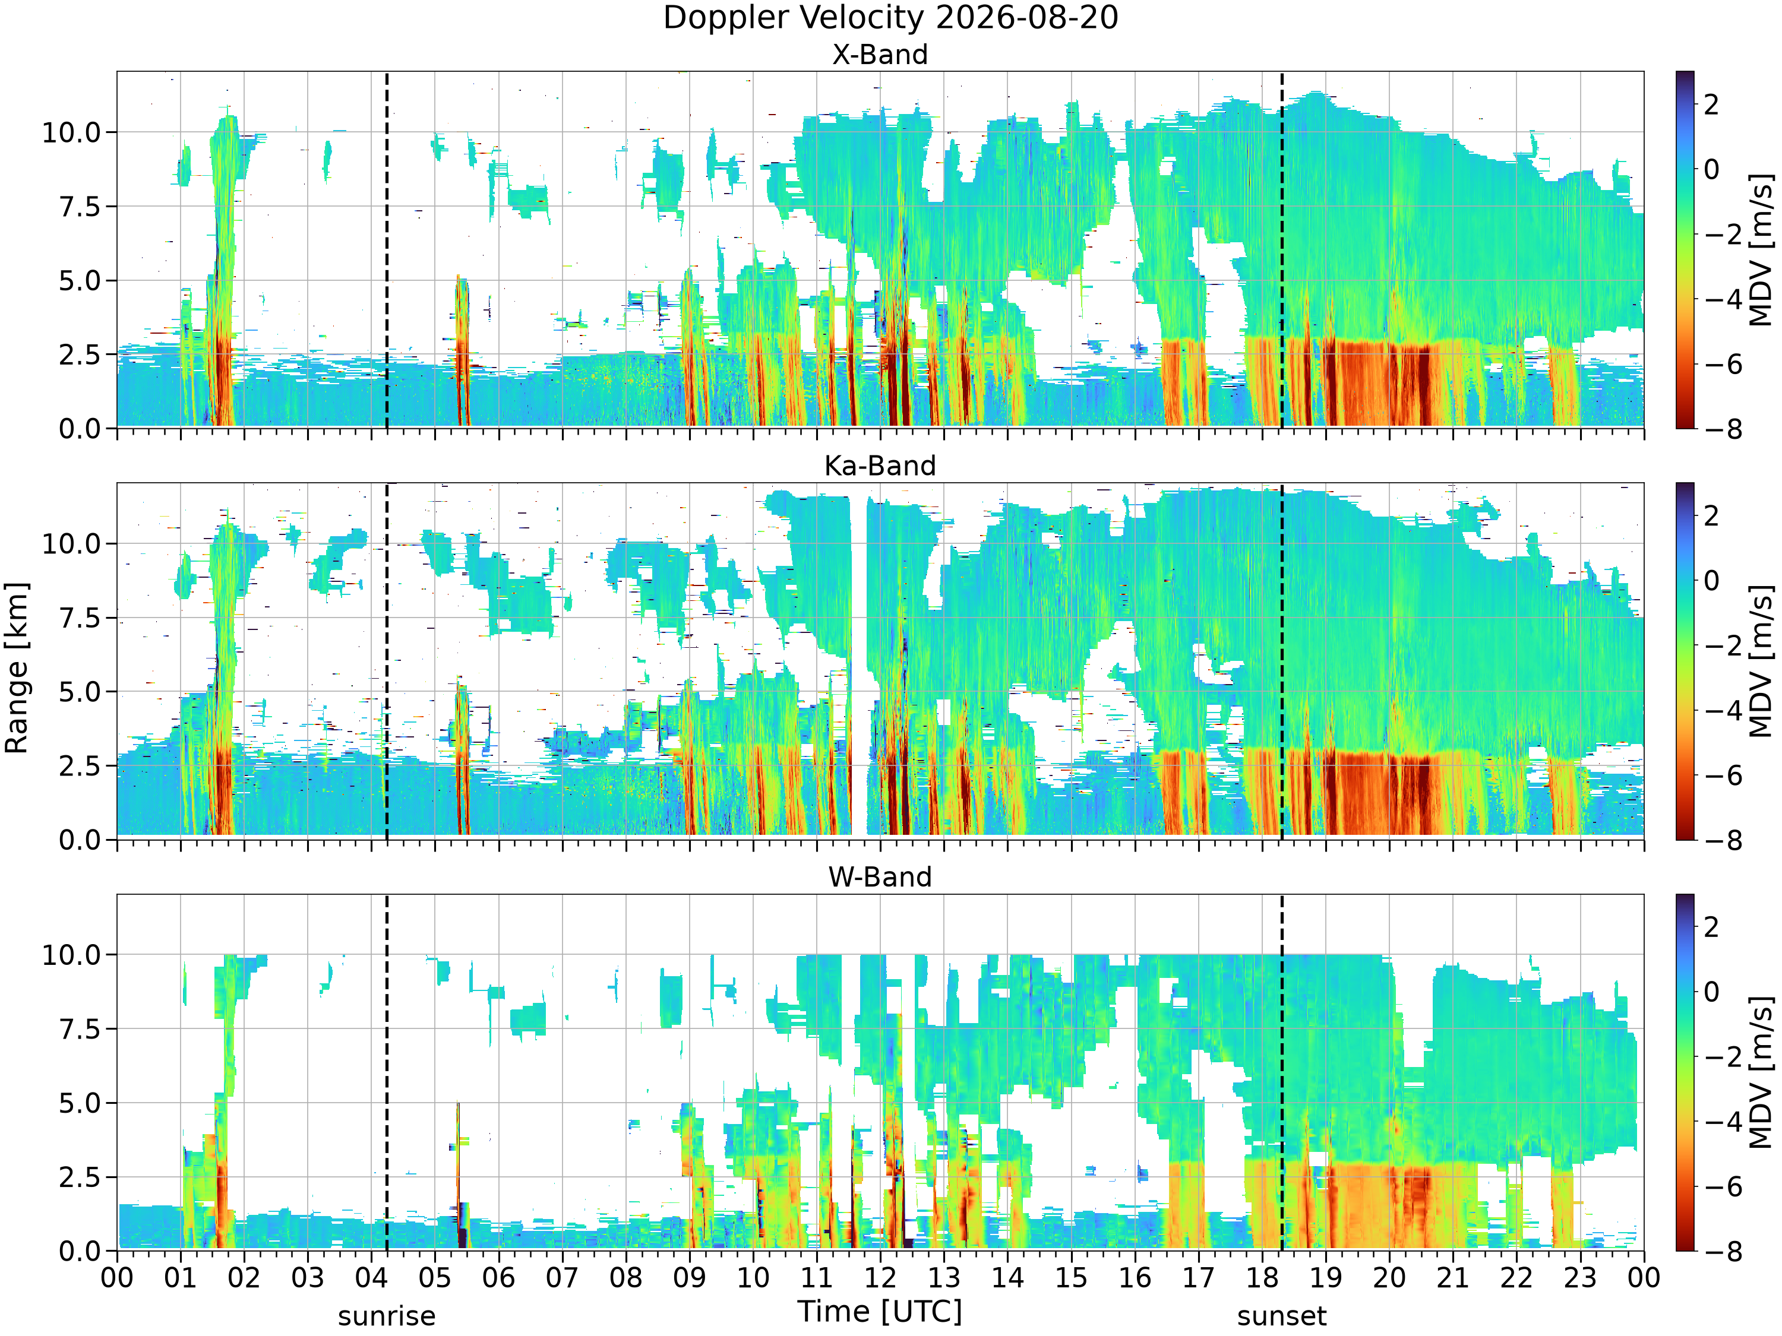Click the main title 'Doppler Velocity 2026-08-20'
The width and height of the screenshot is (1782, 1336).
(x=890, y=18)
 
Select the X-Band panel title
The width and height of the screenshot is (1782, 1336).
(x=880, y=55)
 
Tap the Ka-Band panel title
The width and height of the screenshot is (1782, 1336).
(x=880, y=466)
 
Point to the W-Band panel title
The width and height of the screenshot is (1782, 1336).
(x=880, y=877)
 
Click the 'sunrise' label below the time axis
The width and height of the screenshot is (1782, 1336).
(x=387, y=1316)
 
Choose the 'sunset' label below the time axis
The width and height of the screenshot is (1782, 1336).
(x=1282, y=1316)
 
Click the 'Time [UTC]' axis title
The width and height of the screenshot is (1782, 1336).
(x=880, y=1312)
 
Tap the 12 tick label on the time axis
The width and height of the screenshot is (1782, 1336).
(x=880, y=1278)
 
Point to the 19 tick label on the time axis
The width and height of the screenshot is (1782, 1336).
(x=1325, y=1278)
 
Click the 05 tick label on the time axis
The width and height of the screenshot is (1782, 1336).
(x=435, y=1278)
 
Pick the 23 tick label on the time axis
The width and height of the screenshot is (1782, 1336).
(x=1580, y=1278)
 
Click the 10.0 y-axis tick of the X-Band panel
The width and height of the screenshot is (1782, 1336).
(x=72, y=132)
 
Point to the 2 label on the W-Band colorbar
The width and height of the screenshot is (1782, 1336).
(x=1711, y=927)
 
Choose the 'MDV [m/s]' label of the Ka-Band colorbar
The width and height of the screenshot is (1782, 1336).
(x=1761, y=660)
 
